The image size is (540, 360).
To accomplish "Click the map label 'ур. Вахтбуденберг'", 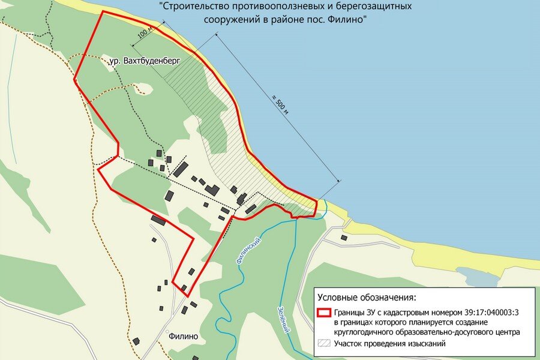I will [145, 61].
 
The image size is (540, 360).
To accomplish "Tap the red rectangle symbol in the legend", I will [324, 313].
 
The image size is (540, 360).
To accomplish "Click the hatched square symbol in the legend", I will [324, 344].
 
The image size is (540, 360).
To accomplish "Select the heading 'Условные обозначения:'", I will [366, 298].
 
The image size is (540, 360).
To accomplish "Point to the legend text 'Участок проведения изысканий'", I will [390, 344].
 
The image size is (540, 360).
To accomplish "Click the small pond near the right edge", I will [478, 277].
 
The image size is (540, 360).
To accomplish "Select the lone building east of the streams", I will [344, 238].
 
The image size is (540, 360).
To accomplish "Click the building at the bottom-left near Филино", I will [136, 341].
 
